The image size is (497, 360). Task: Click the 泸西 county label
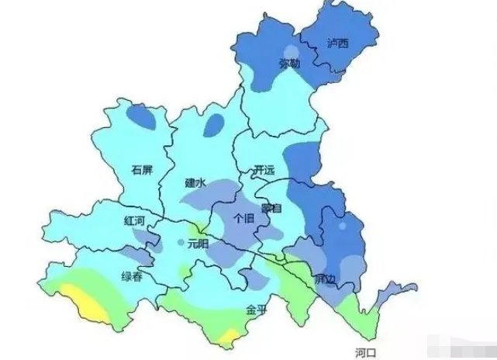tap(338, 43)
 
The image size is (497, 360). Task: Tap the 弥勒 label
tap(289, 64)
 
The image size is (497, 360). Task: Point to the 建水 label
tap(195, 184)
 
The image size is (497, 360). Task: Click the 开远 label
tap(264, 169)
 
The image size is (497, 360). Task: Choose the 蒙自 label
tap(272, 208)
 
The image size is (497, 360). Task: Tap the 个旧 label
tap(243, 219)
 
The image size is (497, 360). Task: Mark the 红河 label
tap(134, 221)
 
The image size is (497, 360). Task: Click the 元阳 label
tap(198, 244)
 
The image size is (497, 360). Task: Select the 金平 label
tap(257, 309)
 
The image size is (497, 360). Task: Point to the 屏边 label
tap(324, 278)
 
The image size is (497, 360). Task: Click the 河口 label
tap(365, 351)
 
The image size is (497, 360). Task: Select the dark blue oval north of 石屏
tap(140, 117)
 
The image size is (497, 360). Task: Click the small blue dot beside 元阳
tap(181, 243)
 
